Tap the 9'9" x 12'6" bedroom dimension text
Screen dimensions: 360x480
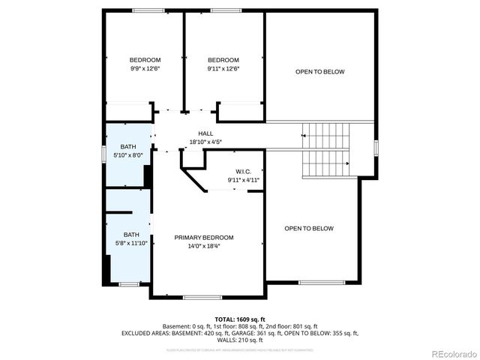pos(145,68)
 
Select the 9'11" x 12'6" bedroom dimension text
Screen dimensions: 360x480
pos(223,68)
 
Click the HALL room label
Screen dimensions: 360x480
pos(205,133)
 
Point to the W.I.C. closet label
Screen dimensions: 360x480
pos(244,171)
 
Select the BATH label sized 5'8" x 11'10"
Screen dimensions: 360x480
pos(131,234)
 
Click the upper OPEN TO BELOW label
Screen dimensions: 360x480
pos(320,72)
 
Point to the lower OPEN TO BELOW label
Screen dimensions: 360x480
pos(309,228)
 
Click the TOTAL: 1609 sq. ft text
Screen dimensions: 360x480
pos(240,319)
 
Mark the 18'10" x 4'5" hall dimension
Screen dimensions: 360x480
pos(205,141)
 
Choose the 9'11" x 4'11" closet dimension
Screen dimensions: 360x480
pos(244,180)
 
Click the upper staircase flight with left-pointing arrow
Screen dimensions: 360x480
pos(325,135)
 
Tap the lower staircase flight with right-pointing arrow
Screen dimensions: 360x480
pos(325,163)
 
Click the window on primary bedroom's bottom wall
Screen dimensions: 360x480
pos(197,297)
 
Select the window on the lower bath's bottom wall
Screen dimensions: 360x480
pos(129,284)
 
